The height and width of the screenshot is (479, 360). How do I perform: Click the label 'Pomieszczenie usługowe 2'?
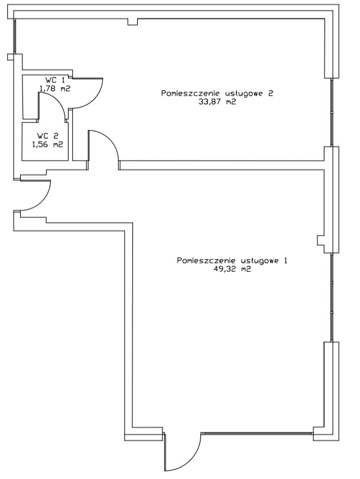coord(217,93)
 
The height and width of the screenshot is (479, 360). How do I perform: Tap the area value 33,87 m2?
coord(217,102)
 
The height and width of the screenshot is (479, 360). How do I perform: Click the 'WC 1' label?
coord(55,80)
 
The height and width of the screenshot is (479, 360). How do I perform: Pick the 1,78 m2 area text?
coord(55,89)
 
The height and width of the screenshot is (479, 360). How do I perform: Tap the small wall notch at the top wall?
coord(133,22)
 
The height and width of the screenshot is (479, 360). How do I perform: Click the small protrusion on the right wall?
coord(321,240)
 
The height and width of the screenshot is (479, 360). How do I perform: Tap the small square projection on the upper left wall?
coord(10,57)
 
